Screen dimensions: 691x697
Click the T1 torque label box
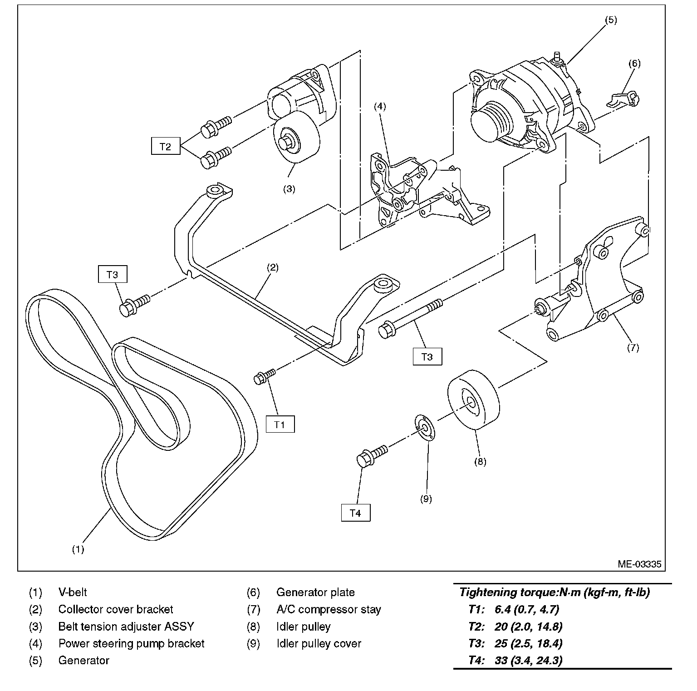pyautogui.click(x=280, y=424)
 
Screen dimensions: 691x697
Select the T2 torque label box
pyautogui.click(x=166, y=147)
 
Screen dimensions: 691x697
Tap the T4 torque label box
pyautogui.click(x=356, y=513)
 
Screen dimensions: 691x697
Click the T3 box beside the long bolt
pyautogui.click(x=427, y=356)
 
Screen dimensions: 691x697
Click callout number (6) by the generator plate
pyautogui.click(x=634, y=64)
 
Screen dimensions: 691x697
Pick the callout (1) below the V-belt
pyautogui.click(x=78, y=549)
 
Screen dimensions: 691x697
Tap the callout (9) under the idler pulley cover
pyautogui.click(x=426, y=499)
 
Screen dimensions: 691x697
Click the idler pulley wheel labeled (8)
pyautogui.click(x=473, y=400)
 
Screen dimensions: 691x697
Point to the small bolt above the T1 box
pyautogui.click(x=264, y=376)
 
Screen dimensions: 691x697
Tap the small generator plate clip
pyautogui.click(x=625, y=99)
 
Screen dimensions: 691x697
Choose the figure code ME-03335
pyautogui.click(x=639, y=564)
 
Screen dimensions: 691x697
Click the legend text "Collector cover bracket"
pyautogui.click(x=116, y=609)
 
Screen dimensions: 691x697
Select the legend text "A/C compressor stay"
pyautogui.click(x=329, y=609)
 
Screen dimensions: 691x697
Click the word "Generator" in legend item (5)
pyautogui.click(x=83, y=660)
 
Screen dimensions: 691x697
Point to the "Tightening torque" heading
pyautogui.click(x=554, y=592)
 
